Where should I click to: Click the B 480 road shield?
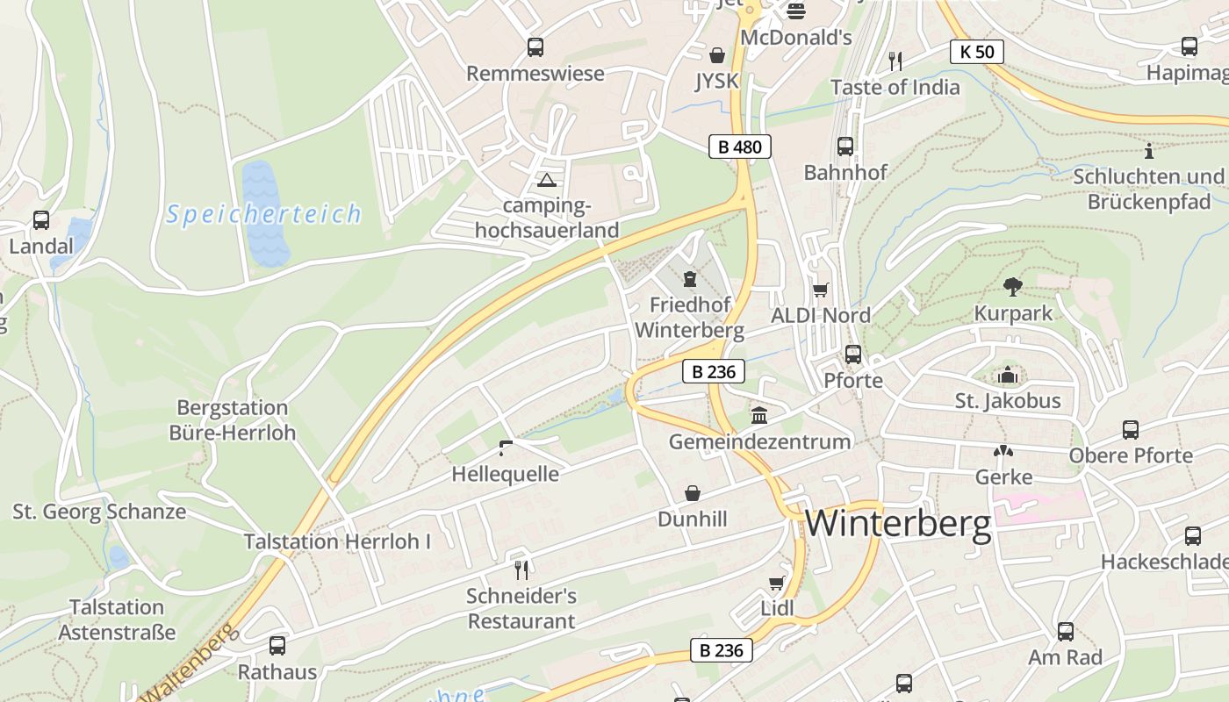click(739, 147)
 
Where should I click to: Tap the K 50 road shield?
click(976, 52)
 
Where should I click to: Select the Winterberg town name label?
click(898, 524)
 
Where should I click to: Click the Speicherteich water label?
click(264, 214)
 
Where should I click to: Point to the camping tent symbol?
click(547, 181)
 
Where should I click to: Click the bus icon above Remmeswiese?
click(535, 47)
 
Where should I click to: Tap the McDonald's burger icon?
click(796, 11)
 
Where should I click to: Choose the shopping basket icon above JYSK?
click(717, 56)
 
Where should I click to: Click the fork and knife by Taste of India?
click(895, 61)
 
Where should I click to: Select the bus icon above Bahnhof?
click(845, 146)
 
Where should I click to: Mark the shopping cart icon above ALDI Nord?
click(821, 290)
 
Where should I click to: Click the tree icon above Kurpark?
click(1012, 286)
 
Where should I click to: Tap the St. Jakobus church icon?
click(1008, 375)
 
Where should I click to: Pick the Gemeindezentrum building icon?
click(759, 414)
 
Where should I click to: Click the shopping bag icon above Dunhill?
click(693, 493)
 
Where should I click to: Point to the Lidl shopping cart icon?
click(777, 583)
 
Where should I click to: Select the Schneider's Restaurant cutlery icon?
click(521, 569)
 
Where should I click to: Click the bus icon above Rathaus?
click(277, 646)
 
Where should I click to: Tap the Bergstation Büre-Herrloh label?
click(233, 420)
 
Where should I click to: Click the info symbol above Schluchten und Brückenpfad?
click(1148, 150)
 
